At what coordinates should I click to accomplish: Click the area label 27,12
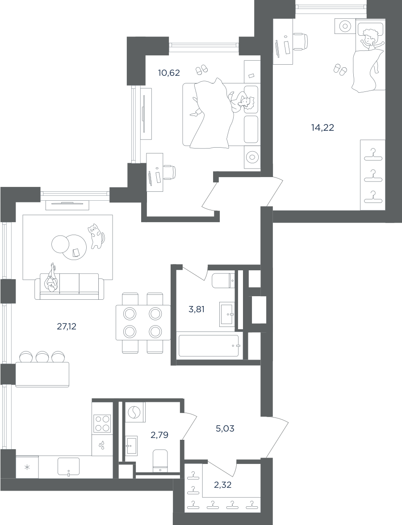[x=67, y=326]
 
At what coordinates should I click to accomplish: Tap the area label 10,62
[x=169, y=72]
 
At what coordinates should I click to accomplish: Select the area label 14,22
[x=322, y=128]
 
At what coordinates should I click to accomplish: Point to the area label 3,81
[x=197, y=310]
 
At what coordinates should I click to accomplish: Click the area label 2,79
[x=159, y=435]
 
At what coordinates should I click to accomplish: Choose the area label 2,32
[x=222, y=484]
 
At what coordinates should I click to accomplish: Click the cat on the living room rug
[x=96, y=236]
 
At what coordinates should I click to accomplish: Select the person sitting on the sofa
[x=52, y=278]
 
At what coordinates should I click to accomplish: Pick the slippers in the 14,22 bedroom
[x=340, y=70]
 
